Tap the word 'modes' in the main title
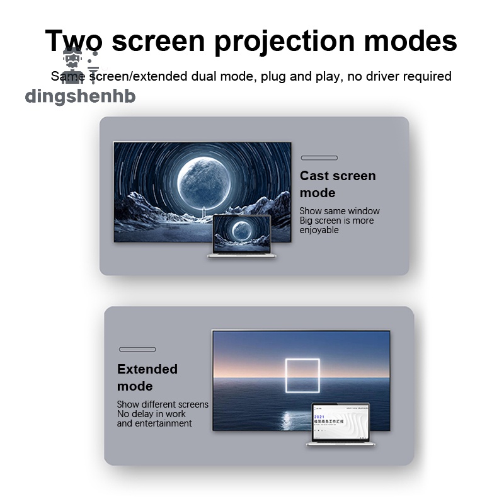point(410,41)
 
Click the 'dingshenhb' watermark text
point(80,96)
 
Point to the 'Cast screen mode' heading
point(337,184)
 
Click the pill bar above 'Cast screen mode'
point(319,157)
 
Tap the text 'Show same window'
point(340,211)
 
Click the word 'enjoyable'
point(319,230)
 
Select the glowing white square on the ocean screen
point(302,377)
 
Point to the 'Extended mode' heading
point(147,377)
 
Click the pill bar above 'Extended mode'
point(137,349)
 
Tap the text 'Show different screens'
point(162,404)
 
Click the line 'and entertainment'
point(154,423)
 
